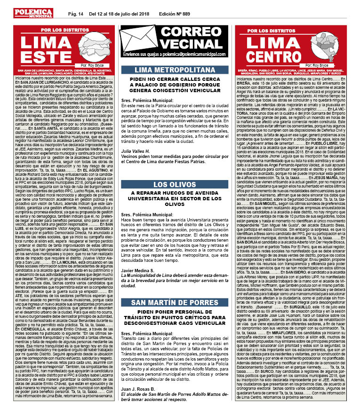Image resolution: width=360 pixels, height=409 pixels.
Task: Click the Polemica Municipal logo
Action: [33, 13]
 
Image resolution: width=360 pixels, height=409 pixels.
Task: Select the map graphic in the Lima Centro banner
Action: [320, 46]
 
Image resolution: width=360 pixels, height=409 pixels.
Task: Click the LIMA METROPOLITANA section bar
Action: [174, 69]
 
